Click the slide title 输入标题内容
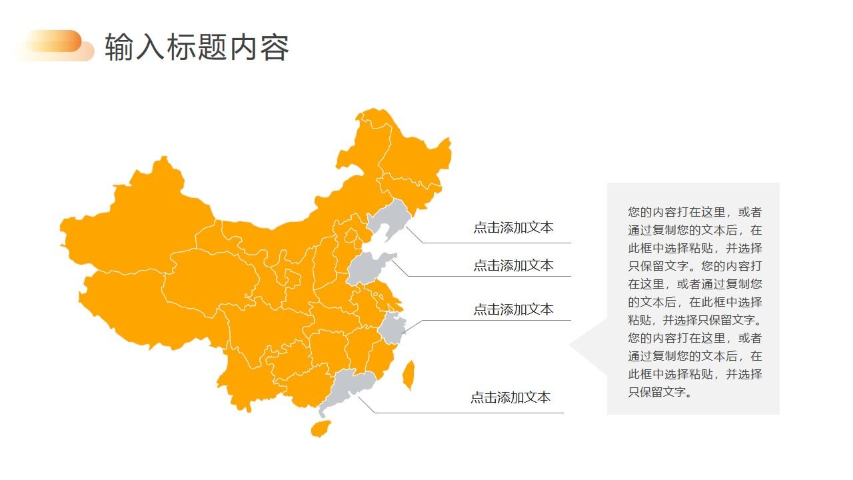tap(197, 47)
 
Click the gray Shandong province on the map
tap(365, 268)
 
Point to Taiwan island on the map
tap(409, 375)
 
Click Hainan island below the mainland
tap(321, 428)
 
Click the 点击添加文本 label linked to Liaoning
tap(513, 228)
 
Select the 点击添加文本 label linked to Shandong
tap(513, 265)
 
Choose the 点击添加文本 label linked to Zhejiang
tap(513, 309)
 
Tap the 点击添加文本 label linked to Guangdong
tap(510, 397)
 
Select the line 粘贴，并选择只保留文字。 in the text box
tap(694, 320)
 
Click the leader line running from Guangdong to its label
tap(466, 413)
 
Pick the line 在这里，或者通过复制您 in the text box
tap(694, 284)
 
